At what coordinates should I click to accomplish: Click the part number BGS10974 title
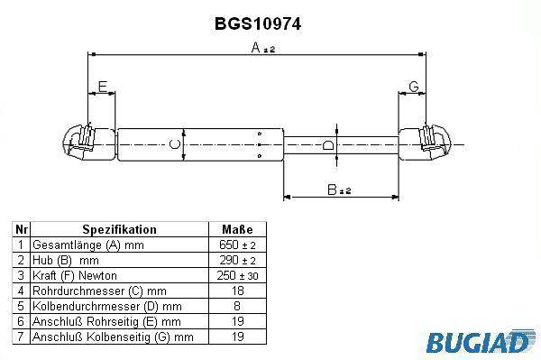pyautogui.click(x=258, y=23)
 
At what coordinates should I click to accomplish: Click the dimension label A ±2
pyautogui.click(x=263, y=48)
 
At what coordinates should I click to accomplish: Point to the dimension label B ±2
pyautogui.click(x=339, y=189)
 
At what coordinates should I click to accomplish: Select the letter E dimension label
pyautogui.click(x=103, y=87)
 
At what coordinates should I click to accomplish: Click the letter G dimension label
pyautogui.click(x=413, y=87)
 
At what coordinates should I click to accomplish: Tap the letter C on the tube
pyautogui.click(x=175, y=144)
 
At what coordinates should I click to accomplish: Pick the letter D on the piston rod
pyautogui.click(x=328, y=145)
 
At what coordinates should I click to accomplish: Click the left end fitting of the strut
pyautogui.click(x=89, y=143)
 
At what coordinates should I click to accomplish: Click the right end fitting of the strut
pyautogui.click(x=425, y=143)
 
